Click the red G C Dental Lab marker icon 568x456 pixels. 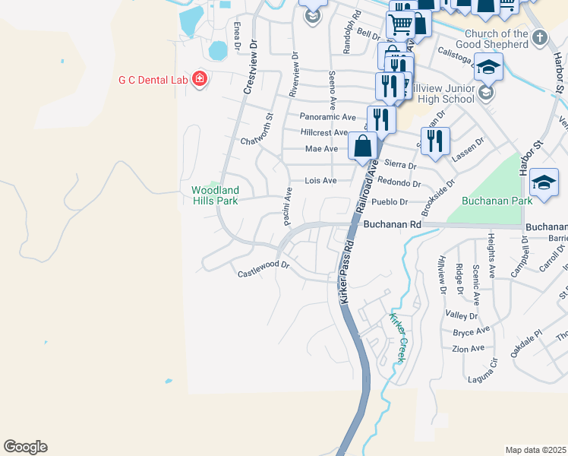(200, 79)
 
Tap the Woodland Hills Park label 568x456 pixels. (215, 195)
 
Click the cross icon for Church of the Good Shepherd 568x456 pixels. (539, 37)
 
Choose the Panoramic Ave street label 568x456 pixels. (327, 117)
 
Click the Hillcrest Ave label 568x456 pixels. (323, 132)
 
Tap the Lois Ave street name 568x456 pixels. (320, 181)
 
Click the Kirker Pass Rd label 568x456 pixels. (348, 269)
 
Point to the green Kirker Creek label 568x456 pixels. (399, 338)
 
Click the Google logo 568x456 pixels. (25, 447)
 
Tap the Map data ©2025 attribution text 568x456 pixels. (535, 450)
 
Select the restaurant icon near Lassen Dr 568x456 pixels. (435, 141)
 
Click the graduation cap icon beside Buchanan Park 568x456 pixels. (544, 182)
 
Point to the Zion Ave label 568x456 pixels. (468, 349)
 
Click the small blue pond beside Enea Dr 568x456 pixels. (217, 51)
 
